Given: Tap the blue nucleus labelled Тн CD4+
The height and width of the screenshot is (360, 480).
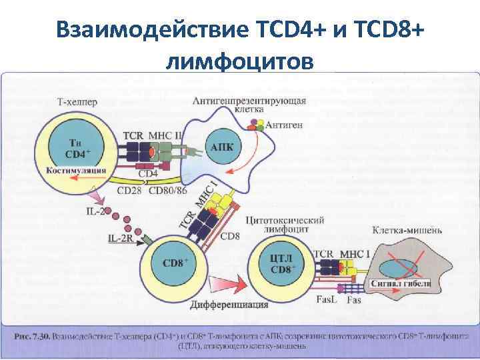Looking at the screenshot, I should tap(79, 148).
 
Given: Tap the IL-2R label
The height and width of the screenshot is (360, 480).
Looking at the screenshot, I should tap(121, 237).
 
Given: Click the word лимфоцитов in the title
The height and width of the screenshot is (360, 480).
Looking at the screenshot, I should tap(239, 61).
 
